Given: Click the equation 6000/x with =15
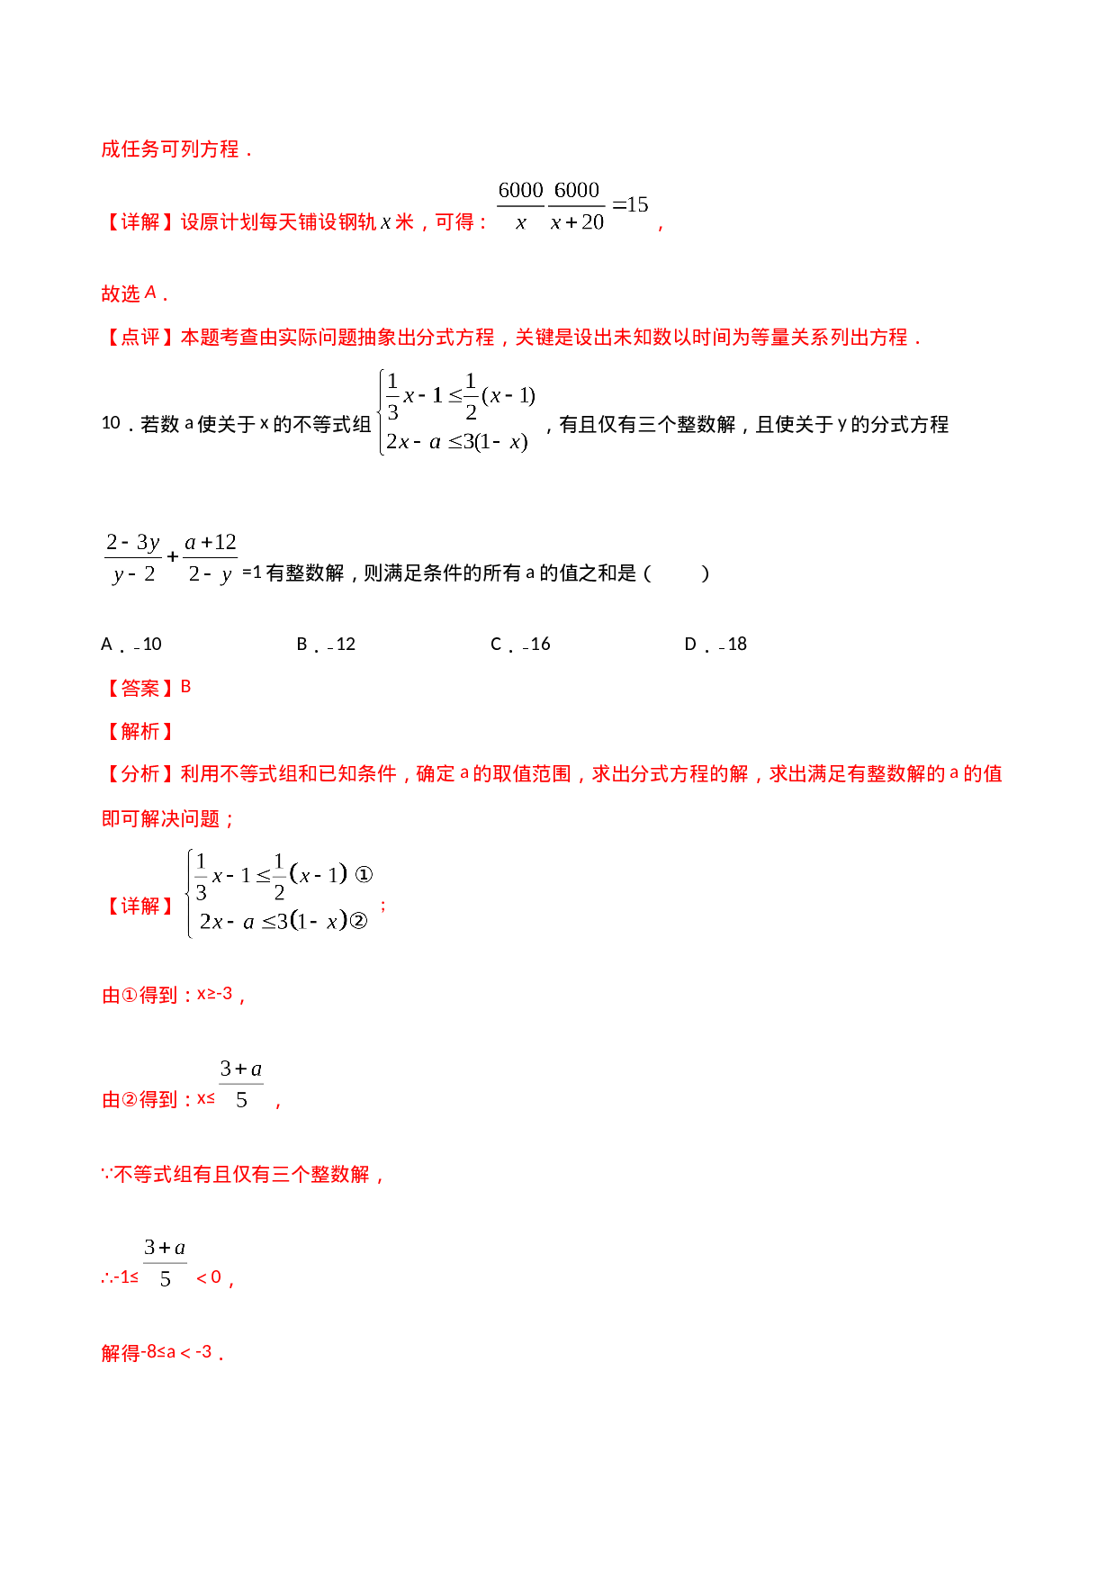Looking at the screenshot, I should [x=571, y=205].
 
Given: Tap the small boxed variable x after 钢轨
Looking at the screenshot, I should [x=385, y=222].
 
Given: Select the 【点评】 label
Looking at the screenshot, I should [x=139, y=338].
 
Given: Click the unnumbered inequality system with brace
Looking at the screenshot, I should [x=454, y=412].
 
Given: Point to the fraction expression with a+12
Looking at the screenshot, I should [x=171, y=558].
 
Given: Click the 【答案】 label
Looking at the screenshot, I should [x=139, y=688].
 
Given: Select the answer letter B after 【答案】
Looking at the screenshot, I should [x=186, y=687].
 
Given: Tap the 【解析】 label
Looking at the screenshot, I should [x=139, y=731].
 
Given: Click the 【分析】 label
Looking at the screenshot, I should [x=139, y=774].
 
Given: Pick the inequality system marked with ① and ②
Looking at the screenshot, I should [x=280, y=894].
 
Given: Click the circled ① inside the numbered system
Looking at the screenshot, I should [x=364, y=874].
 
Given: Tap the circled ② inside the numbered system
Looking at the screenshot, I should [x=358, y=921].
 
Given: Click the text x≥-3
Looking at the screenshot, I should [x=215, y=994].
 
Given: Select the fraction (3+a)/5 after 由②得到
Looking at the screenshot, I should [x=241, y=1083].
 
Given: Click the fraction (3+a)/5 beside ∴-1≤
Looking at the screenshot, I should [x=165, y=1261].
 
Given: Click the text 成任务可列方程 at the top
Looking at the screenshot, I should [x=170, y=149].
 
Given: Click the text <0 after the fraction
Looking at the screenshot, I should [x=209, y=1277].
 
